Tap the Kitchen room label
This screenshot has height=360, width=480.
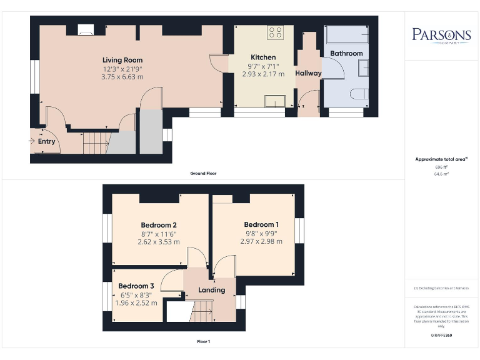click(263, 57)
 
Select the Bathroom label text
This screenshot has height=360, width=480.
click(346, 53)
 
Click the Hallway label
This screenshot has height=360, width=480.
click(308, 73)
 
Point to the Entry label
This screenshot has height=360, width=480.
click(47, 141)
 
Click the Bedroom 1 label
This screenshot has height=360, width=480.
click(261, 224)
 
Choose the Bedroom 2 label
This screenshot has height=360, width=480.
click(159, 225)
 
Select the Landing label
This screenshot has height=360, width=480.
click(211, 290)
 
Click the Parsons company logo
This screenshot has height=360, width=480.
click(442, 35)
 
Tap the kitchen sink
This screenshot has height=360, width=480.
click(274, 101)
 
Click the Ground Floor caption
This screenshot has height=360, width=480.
click(204, 173)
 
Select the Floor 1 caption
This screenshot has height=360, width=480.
click(203, 342)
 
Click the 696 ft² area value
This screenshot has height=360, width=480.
click(441, 167)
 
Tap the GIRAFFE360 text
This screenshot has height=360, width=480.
click(441, 336)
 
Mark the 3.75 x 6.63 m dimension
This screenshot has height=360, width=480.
click(122, 77)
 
